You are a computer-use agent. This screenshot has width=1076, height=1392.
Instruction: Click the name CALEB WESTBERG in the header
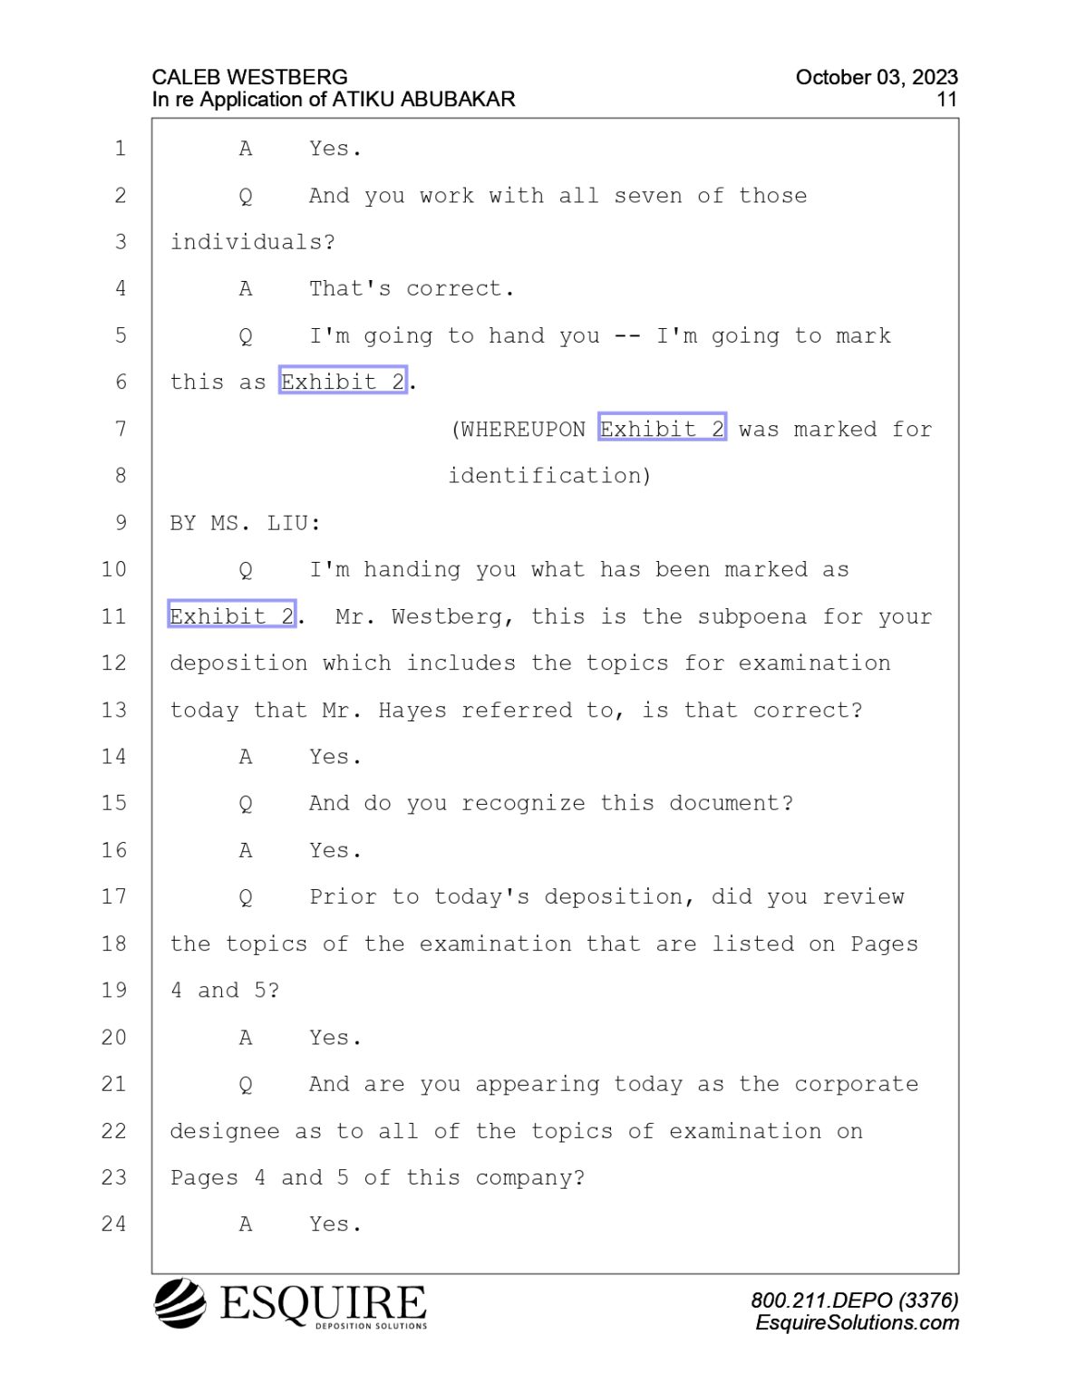[250, 77]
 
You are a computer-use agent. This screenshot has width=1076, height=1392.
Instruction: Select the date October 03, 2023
[877, 78]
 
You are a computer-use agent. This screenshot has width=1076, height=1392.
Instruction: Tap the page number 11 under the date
[946, 100]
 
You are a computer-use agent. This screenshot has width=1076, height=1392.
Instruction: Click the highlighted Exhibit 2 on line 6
[343, 382]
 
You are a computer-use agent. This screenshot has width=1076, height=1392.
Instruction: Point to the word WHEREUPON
[523, 430]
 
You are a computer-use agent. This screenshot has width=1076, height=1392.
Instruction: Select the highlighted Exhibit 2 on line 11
[231, 616]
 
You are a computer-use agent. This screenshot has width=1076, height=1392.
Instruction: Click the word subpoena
[751, 617]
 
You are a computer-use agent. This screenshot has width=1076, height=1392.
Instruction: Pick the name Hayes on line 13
[412, 710]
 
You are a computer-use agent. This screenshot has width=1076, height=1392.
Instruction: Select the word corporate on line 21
[857, 1085]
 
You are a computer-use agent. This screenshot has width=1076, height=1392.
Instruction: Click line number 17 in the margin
[114, 897]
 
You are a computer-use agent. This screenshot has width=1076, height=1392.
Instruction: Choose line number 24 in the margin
[114, 1224]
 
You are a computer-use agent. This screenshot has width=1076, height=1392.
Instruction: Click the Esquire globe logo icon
[180, 1303]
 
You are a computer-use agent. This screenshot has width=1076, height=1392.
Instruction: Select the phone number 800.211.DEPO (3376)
[855, 1300]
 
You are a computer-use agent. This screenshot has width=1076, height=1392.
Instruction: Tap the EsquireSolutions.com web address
[857, 1323]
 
